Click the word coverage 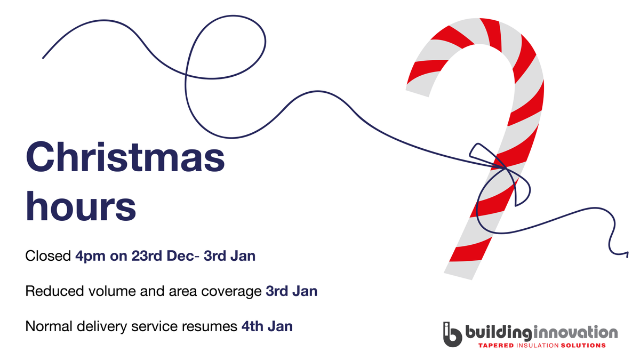point(235,291)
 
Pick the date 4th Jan point(267,326)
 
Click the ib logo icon point(452,334)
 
